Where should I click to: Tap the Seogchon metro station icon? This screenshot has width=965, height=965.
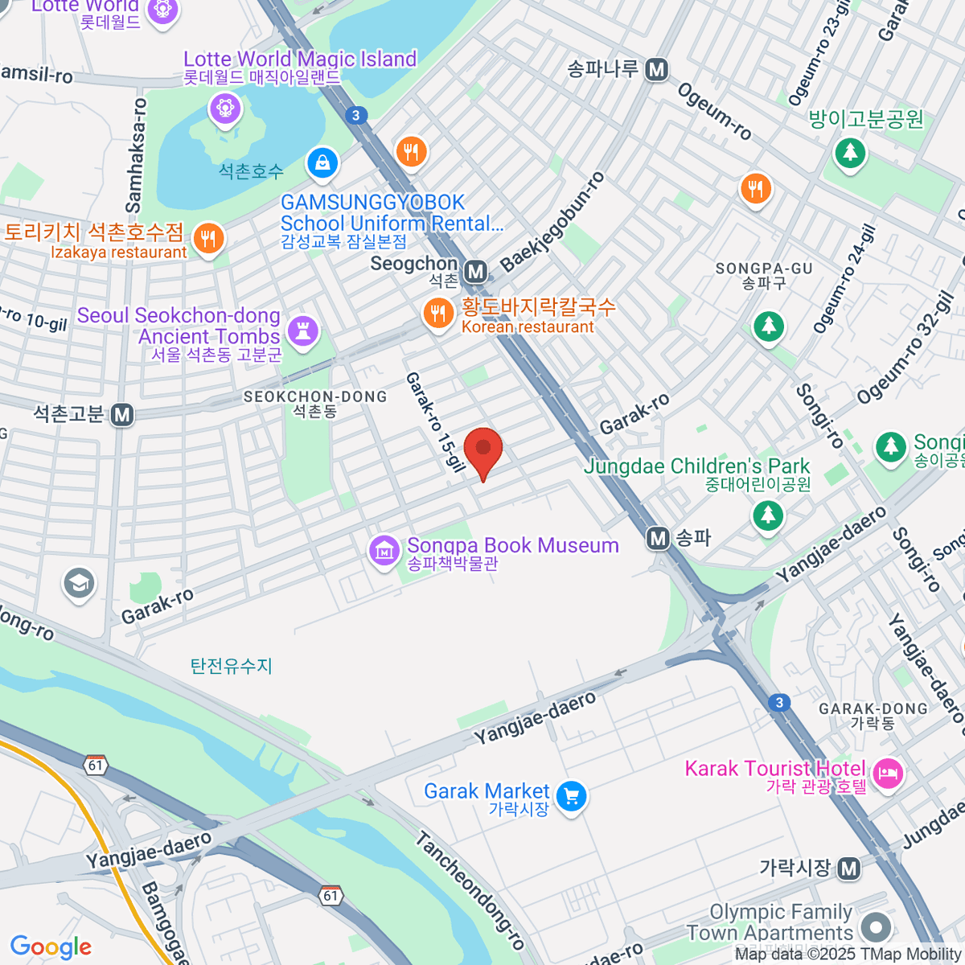click(x=476, y=272)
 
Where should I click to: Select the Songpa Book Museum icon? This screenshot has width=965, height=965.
click(x=384, y=551)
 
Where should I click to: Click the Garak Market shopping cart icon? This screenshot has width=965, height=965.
click(x=571, y=796)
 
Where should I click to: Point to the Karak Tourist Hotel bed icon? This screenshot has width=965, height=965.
click(x=889, y=774)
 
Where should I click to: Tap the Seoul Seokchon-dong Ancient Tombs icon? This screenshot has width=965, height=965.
click(x=303, y=330)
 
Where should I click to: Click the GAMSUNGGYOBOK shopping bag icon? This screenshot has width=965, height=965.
click(x=322, y=162)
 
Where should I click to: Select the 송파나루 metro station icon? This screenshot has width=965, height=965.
click(x=657, y=70)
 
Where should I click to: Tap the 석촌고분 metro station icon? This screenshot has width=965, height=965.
click(x=122, y=415)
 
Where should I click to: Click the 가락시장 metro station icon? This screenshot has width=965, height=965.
click(x=848, y=868)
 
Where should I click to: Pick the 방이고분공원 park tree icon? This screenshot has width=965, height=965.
click(x=849, y=151)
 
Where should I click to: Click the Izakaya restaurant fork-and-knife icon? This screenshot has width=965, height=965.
click(x=208, y=238)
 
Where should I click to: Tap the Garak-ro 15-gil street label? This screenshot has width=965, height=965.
click(x=435, y=421)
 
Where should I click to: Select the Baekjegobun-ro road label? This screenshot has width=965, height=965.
click(x=552, y=222)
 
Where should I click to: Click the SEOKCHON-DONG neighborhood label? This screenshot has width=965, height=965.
click(x=315, y=396)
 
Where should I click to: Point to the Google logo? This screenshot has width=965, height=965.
click(x=51, y=947)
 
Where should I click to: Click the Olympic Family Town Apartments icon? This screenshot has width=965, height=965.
click(x=876, y=926)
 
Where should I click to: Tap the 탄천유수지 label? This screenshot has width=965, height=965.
click(x=232, y=666)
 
